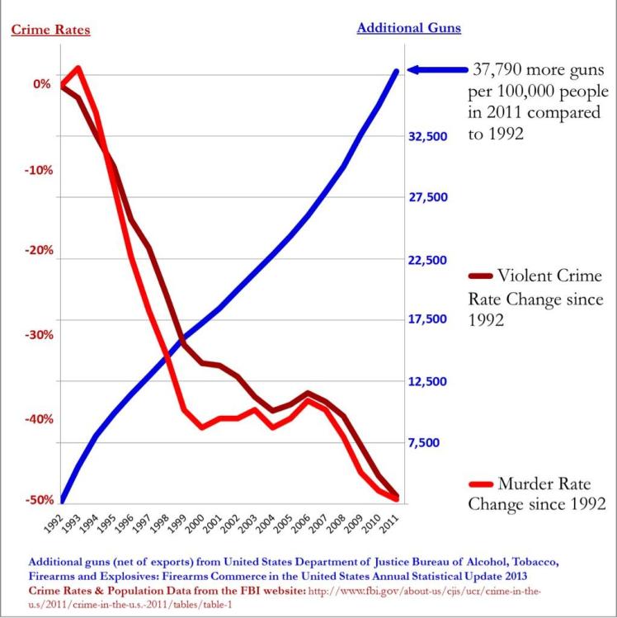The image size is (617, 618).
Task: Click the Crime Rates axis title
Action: click(x=50, y=31)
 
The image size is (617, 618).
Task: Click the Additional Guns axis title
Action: click(x=408, y=28)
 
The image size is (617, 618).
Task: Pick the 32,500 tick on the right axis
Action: click(x=427, y=136)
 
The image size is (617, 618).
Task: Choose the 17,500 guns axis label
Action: click(x=427, y=320)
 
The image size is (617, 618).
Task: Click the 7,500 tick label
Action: click(x=430, y=443)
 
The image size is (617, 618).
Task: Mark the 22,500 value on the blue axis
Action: click(x=427, y=259)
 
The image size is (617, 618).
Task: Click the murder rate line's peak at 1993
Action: click(x=78, y=69)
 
